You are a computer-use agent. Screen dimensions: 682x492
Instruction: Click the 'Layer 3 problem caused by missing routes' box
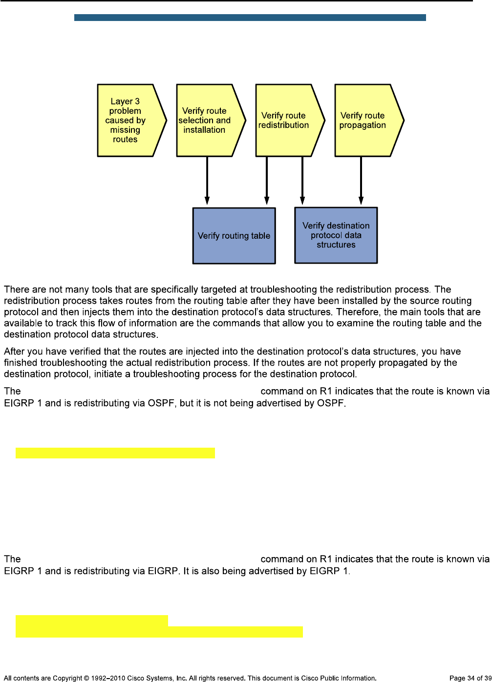coord(126,120)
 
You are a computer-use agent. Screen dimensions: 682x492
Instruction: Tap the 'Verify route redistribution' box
coord(284,120)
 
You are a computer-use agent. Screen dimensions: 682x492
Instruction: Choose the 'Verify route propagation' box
coord(364,120)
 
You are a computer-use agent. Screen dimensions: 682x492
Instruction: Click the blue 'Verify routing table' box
coord(234,236)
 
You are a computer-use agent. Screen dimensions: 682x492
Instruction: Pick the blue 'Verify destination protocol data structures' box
coord(336,235)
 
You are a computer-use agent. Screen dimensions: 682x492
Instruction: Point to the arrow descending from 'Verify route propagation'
coord(361,181)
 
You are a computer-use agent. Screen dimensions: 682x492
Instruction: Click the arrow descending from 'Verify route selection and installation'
coord(207,181)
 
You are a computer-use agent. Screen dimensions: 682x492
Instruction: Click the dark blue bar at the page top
coord(250,18)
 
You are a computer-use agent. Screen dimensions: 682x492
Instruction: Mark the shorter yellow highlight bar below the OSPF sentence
coord(115,453)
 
